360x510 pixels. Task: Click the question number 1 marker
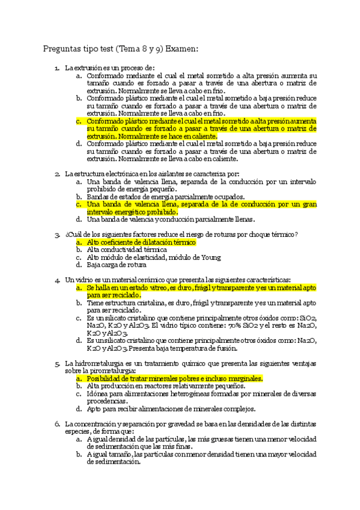(x=56, y=69)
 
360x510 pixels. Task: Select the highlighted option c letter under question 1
(x=79, y=121)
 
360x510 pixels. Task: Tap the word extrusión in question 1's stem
(x=91, y=69)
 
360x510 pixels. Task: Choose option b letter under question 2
(x=79, y=197)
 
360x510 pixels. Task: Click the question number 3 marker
(x=56, y=235)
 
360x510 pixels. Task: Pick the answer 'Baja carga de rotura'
(x=116, y=265)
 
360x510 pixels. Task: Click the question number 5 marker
(x=56, y=364)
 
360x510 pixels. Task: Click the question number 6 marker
(x=56, y=424)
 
